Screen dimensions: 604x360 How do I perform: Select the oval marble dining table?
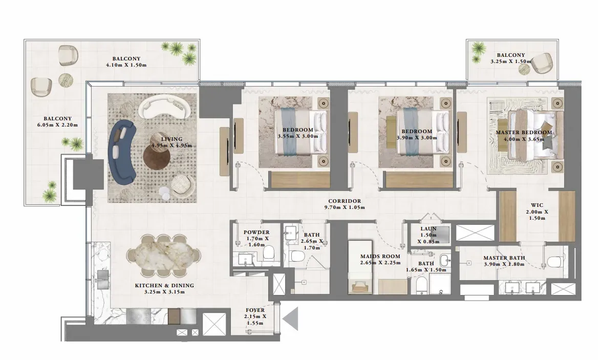pos(164,256)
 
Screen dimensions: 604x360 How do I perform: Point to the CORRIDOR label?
pos(344,201)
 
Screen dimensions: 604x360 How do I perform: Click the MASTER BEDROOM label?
pos(524,132)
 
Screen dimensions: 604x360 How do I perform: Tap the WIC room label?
pos(537,205)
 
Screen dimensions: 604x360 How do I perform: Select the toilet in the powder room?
pos(268,254)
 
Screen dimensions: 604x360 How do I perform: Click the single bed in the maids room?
pos(360,267)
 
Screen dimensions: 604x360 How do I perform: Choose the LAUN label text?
pos(428,228)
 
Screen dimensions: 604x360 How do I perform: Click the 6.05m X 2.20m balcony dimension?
pos(57,125)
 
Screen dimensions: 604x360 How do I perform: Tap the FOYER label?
pos(255,310)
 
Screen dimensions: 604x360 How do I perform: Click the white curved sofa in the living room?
pos(164,107)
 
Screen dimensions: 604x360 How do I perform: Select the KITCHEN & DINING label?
pos(164,286)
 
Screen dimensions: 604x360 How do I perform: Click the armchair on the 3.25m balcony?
pos(543,62)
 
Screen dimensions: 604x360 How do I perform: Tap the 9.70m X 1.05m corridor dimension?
pos(344,207)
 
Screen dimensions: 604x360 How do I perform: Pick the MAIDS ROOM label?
pos(380,257)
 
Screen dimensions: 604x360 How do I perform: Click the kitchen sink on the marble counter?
pos(103,280)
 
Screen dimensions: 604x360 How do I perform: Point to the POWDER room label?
pos(256,232)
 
